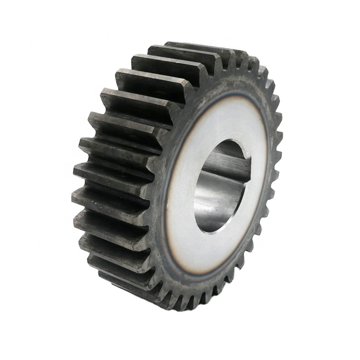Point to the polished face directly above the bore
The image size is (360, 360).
click(226, 120)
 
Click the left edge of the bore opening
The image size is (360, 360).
click(195, 192)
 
